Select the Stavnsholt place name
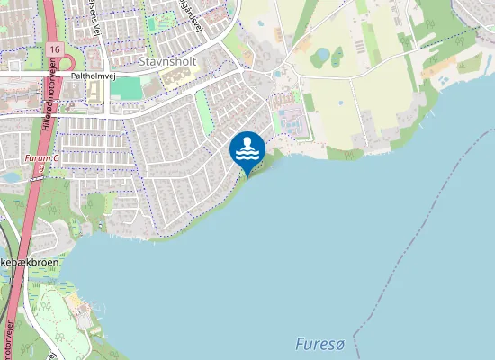click(167, 61)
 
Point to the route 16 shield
click(56, 48)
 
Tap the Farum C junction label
click(41, 158)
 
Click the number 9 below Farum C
click(42, 168)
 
